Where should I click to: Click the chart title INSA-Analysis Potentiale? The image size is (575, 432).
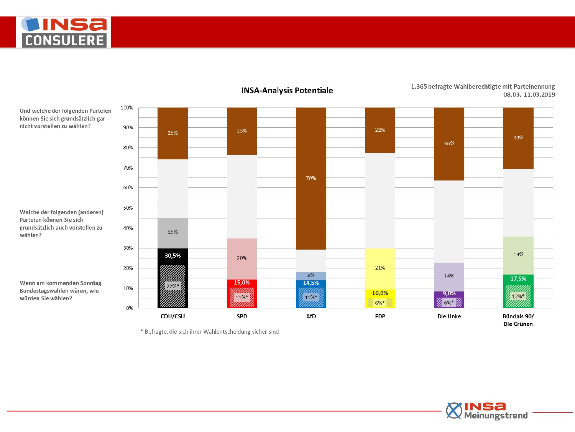click(287, 91)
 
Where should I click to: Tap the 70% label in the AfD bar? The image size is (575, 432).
click(311, 178)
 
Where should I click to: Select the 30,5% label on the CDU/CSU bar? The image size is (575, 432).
click(172, 256)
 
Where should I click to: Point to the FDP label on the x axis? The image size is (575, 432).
click(380, 316)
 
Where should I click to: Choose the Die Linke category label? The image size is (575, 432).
click(449, 316)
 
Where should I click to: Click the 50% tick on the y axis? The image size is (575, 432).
click(128, 208)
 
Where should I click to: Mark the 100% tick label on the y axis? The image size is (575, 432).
click(127, 108)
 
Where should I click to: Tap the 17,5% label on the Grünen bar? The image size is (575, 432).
click(518, 279)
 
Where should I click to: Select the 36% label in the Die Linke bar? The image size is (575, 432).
click(449, 144)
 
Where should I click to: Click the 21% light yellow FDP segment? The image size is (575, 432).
click(380, 269)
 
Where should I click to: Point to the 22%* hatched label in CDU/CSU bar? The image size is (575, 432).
click(172, 286)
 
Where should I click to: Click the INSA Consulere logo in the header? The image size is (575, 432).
click(63, 32)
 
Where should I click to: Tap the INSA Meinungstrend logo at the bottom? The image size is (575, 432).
click(487, 411)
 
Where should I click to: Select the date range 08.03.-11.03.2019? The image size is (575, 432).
click(529, 95)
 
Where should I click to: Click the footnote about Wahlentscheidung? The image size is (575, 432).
click(210, 332)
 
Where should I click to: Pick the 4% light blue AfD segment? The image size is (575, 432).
click(311, 276)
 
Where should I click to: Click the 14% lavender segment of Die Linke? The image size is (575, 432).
click(449, 277)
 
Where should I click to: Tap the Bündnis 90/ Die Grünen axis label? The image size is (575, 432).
click(518, 320)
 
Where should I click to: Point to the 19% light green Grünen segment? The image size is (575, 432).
click(518, 255)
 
